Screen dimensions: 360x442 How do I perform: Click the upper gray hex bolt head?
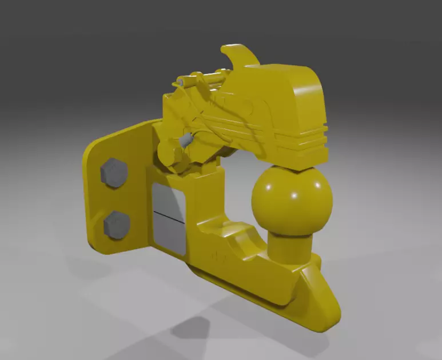(x=114, y=172)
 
